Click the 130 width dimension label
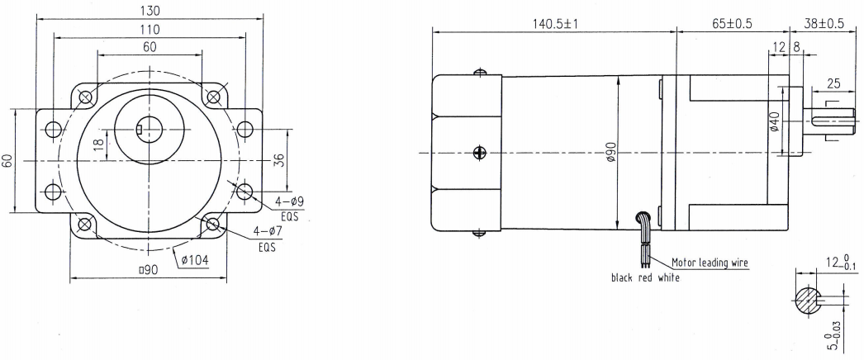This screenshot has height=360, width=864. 150,11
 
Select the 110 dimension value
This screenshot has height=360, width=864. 150,29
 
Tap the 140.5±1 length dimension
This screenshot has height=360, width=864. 554,24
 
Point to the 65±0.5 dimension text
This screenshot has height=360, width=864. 733,24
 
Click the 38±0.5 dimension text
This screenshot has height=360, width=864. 824,24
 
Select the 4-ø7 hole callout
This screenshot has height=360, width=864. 268,231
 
